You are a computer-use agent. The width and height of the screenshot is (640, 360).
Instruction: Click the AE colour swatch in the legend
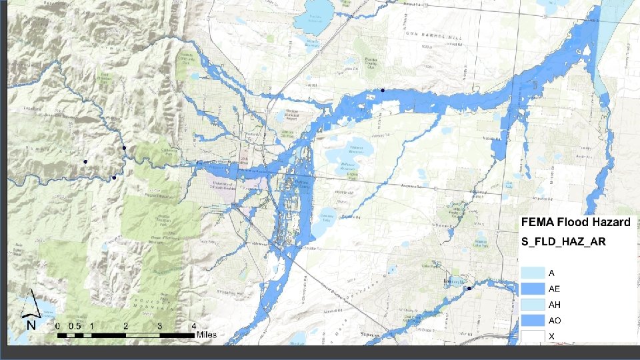point(533,289)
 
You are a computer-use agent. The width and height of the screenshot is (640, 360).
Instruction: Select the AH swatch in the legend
point(533,305)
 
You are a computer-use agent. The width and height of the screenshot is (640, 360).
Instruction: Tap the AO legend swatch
point(533,321)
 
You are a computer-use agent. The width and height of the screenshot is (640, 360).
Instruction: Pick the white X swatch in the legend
point(533,336)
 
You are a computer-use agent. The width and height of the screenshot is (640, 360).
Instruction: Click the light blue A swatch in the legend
point(533,273)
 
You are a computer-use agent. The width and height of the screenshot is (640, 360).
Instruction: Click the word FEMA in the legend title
point(539,223)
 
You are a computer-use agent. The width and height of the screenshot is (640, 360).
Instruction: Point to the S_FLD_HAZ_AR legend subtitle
point(563,241)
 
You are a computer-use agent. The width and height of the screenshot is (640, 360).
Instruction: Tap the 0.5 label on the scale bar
point(74,326)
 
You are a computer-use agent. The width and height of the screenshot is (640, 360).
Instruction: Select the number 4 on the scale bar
point(193,326)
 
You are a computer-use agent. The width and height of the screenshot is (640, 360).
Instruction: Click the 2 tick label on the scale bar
point(125,326)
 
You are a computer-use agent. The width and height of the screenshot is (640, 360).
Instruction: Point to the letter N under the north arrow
point(31,325)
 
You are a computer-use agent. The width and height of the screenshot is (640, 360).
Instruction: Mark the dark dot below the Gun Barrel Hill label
point(383,90)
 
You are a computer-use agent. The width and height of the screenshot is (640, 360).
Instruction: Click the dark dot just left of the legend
point(469,288)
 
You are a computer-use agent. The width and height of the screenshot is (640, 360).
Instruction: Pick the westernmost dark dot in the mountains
point(85,162)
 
